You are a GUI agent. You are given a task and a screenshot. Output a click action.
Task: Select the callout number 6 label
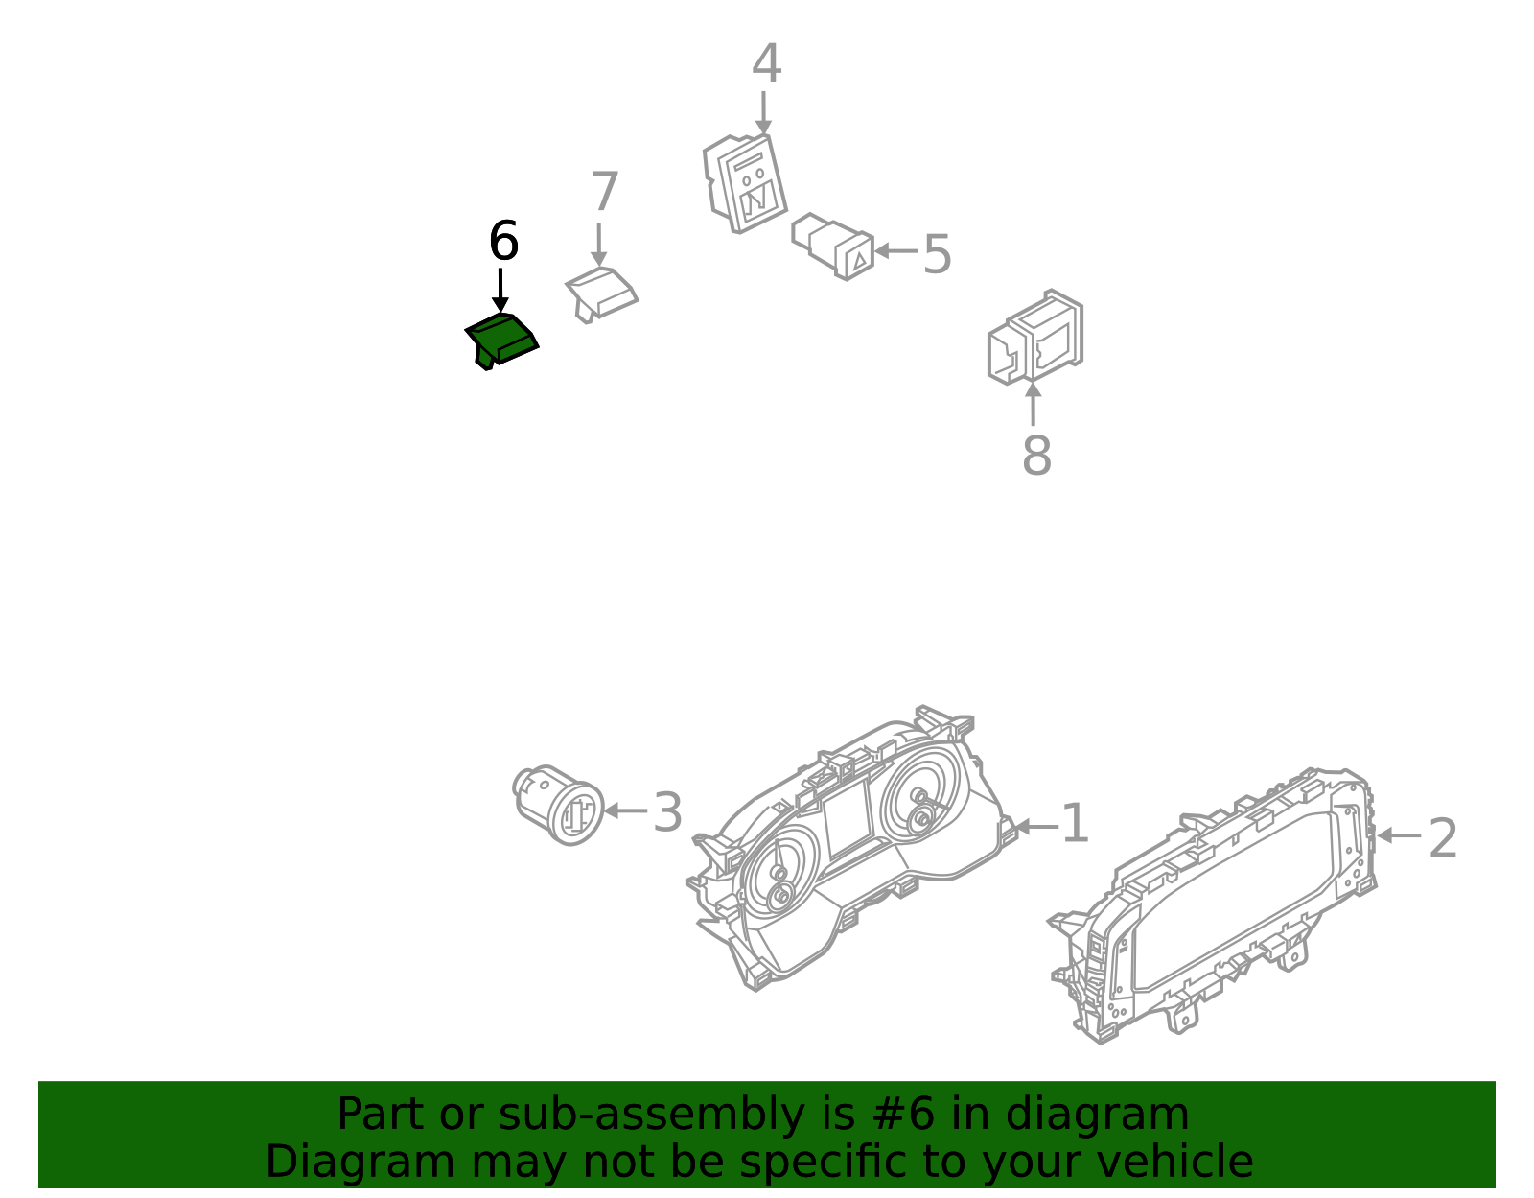coord(503,242)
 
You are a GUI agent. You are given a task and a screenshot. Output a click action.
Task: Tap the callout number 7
coord(604,191)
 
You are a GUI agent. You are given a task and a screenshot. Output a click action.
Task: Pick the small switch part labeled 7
coord(601,295)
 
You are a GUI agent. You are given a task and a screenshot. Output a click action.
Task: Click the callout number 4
coord(766,63)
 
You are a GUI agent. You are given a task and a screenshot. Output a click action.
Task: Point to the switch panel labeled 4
coord(745,183)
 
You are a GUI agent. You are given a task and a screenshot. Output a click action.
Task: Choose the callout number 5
coord(938,254)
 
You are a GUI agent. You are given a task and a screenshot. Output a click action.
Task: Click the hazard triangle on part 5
coord(859,262)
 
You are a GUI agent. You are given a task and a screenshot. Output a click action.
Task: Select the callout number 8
coord(1037,456)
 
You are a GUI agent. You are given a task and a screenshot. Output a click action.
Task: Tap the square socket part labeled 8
coord(1034,337)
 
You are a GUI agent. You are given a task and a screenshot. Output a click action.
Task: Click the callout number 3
coord(667,812)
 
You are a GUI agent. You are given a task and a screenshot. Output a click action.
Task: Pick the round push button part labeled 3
coord(558,805)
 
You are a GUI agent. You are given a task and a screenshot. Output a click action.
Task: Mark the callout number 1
coord(1075,822)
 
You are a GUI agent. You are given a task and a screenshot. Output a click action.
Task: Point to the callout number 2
coord(1443,838)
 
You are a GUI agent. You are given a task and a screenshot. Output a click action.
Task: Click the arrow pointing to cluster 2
coord(1399,835)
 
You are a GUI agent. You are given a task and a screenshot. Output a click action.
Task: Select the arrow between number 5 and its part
coord(895,250)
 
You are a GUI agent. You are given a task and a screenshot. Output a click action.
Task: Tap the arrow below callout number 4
coord(763,113)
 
